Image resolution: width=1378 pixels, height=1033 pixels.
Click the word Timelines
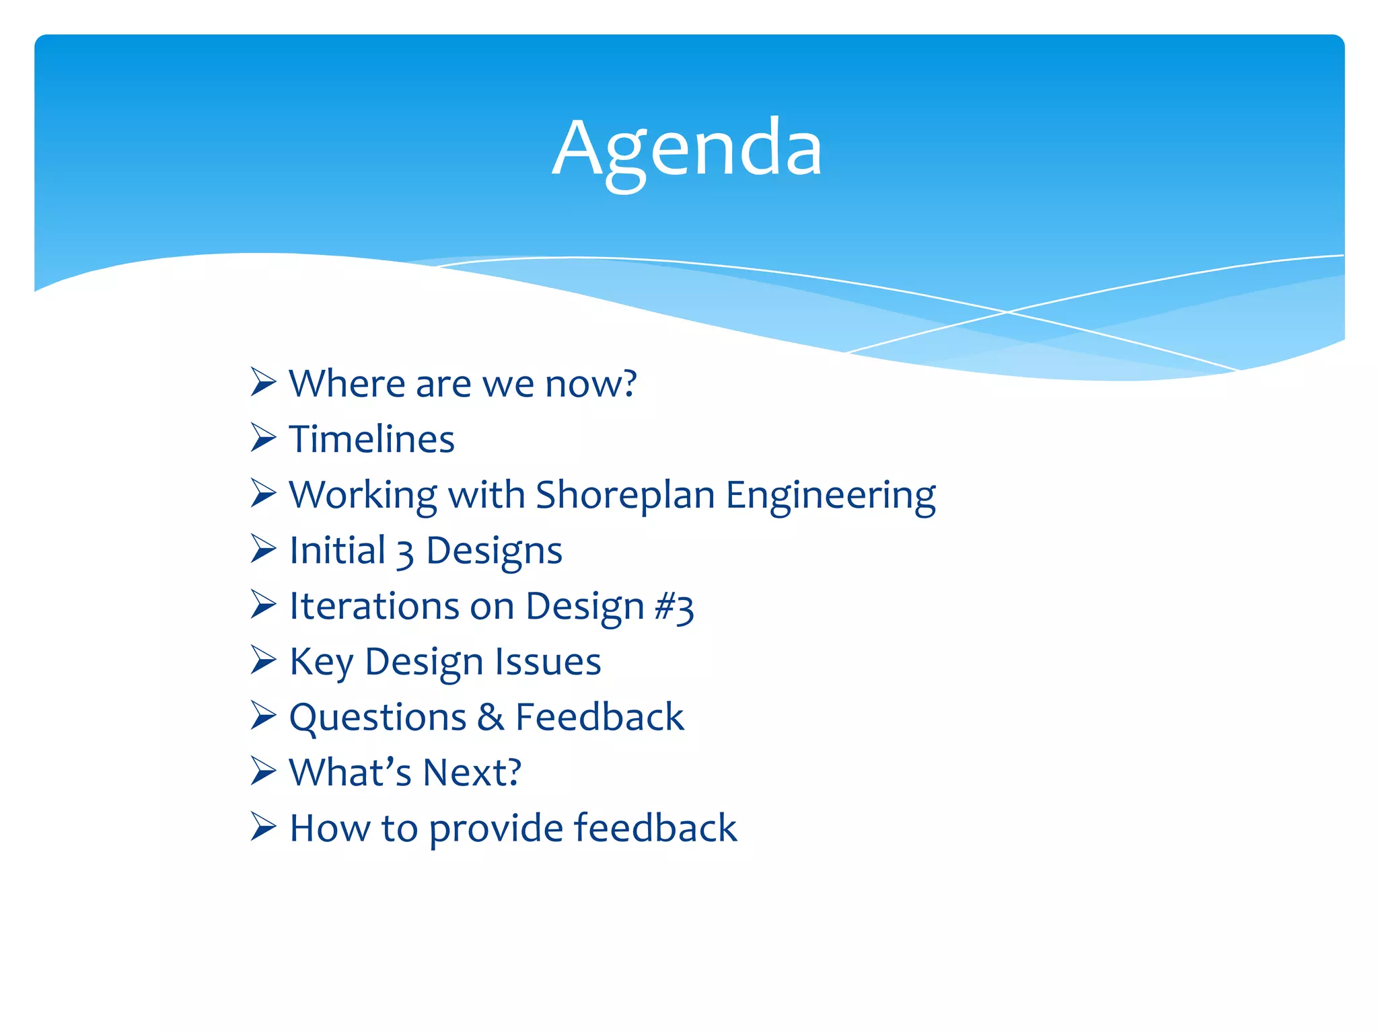(372, 440)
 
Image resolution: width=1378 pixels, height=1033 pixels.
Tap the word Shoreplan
(625, 496)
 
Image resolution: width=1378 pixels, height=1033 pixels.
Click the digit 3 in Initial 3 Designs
(405, 553)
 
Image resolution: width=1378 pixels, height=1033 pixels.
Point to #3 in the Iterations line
(674, 607)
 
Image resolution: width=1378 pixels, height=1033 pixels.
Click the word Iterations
(373, 607)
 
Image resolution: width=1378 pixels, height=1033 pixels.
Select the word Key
(321, 662)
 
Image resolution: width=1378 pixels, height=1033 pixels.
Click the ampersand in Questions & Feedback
(491, 718)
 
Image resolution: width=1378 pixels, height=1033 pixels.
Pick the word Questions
(377, 718)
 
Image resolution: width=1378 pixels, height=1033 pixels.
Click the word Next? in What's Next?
(472, 773)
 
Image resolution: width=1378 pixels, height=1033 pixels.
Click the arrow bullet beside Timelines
(263, 438)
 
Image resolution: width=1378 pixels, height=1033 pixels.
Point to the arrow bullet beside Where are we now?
(263, 383)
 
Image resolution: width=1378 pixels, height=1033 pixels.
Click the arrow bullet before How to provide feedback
(263, 827)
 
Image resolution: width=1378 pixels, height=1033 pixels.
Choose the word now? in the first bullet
(591, 385)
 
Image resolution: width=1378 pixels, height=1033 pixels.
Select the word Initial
(337, 551)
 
